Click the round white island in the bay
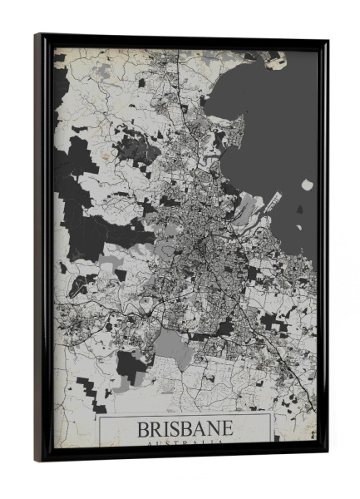(308, 185)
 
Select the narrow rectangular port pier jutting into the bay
(274, 202)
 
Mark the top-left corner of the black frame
(37, 36)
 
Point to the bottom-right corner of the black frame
(325, 455)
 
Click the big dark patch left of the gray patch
(131, 366)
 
